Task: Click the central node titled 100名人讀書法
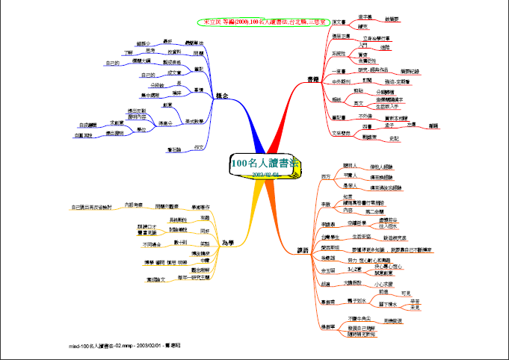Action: [265, 163]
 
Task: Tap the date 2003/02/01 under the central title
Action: [265, 173]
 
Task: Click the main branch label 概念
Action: [222, 96]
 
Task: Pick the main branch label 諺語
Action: [303, 249]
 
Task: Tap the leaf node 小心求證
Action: [385, 284]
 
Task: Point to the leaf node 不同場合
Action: [152, 243]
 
